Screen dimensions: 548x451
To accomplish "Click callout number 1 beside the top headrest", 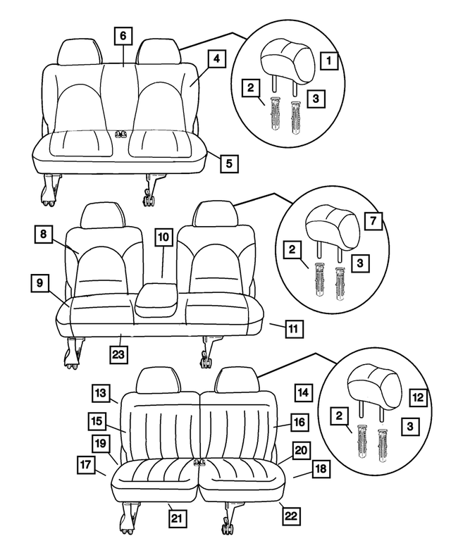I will point(328,61).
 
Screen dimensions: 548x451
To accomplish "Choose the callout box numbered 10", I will point(163,238).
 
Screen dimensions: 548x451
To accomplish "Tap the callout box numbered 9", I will point(39,284).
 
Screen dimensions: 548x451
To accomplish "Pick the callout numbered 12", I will point(417,398).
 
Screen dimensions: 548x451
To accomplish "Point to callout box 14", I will point(302,392).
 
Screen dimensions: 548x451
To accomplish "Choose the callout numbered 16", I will point(299,422).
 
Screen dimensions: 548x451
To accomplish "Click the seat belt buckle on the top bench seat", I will point(121,133).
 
